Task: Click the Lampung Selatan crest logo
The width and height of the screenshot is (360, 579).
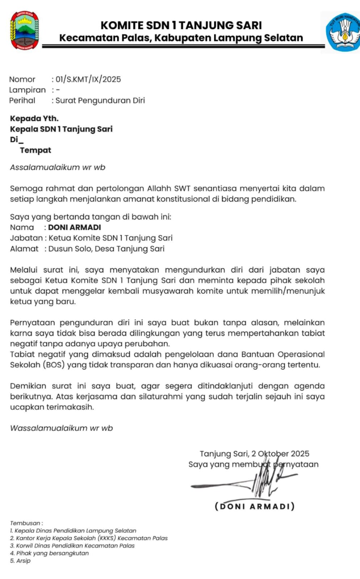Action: pos(24,30)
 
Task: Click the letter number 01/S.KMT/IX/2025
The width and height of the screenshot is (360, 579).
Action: pos(88,79)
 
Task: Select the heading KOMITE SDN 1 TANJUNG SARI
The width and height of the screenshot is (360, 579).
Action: pos(181,25)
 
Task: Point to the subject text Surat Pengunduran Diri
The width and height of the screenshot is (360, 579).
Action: pos(100,101)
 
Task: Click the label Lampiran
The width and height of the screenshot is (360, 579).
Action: pos(28,90)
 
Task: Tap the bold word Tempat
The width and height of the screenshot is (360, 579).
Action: pos(35,150)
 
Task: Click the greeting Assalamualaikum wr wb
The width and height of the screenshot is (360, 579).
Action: pos(58,167)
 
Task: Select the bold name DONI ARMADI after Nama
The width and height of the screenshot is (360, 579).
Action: pos(75,227)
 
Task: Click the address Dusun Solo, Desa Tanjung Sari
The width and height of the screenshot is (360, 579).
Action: pos(106,249)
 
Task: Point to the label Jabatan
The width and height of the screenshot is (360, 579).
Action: pos(26,238)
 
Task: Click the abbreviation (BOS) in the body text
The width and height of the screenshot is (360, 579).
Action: pos(54,365)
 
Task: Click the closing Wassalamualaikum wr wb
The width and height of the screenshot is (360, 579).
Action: pos(62,428)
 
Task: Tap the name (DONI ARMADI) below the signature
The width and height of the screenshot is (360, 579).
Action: pos(255,506)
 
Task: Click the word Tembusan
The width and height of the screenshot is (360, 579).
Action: pos(26,523)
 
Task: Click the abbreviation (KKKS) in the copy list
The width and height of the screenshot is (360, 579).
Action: pos(106,538)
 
